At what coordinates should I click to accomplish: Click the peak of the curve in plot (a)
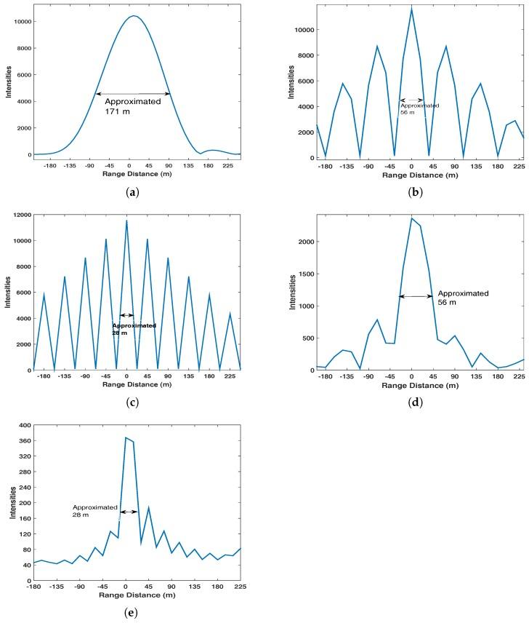[133, 16]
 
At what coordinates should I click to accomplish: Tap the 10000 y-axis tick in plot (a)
[20, 22]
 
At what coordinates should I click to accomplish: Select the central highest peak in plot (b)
[411, 9]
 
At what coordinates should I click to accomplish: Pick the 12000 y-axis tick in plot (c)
[20, 215]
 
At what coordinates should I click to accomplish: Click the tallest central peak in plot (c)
[126, 221]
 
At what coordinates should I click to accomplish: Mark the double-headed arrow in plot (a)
[133, 93]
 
